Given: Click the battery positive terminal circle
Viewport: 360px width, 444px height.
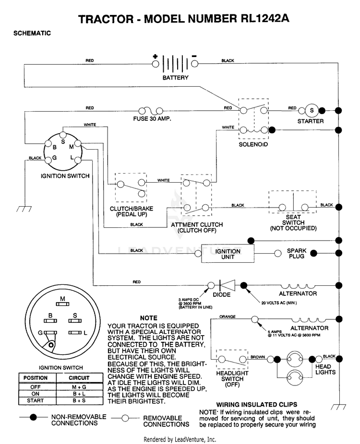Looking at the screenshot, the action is pos(156,64).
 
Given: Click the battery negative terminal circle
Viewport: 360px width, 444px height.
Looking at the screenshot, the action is pos(195,64).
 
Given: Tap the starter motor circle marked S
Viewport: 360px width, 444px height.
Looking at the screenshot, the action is pos(312,110).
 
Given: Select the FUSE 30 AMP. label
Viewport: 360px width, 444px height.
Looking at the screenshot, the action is pos(152,118).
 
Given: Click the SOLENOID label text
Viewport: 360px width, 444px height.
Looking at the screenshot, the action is pos(253,144).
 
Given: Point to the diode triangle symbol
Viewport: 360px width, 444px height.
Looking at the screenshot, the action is pos(228,285).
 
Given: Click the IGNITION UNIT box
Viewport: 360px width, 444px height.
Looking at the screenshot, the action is pos(228,254).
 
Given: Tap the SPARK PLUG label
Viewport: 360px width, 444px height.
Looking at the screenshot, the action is pos(297,254).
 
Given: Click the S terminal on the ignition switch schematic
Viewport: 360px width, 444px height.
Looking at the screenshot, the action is pos(63,135).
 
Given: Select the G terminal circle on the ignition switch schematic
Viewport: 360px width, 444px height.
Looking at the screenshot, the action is pos(48,160).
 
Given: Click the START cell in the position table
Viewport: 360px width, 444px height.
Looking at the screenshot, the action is pos(36,401).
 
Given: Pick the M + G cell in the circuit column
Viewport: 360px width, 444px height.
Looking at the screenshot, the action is pos(79,387).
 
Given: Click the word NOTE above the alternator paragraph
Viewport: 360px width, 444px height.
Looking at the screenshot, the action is pos(148,318).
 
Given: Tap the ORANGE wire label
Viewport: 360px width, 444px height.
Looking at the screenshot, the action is pos(228,316).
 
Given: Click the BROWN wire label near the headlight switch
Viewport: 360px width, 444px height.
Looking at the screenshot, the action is pos(258,357).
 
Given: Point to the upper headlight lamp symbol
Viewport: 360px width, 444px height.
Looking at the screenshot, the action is pos(295,359).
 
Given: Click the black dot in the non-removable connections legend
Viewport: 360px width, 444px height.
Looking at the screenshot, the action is pos(34,417).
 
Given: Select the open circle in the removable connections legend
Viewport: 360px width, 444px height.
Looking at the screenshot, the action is pos(125,418).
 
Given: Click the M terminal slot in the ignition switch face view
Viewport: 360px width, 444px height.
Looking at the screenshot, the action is pos(62,304).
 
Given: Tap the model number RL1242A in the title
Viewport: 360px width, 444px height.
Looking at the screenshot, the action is pos(265,19).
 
